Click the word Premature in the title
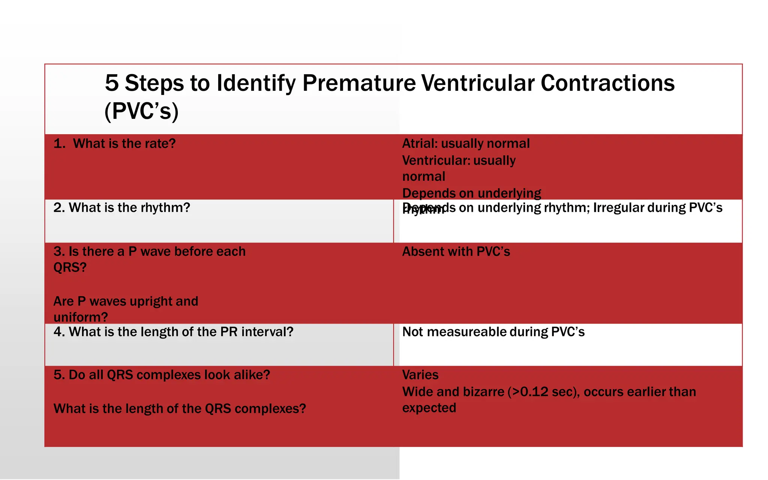click(x=359, y=83)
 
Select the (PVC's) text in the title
click(x=141, y=111)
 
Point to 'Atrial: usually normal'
click(x=466, y=144)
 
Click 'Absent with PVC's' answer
click(x=456, y=252)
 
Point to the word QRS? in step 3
click(x=70, y=267)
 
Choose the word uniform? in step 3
click(x=81, y=317)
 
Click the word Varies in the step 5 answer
click(x=420, y=375)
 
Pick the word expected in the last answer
click(x=429, y=408)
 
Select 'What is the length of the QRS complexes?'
click(x=180, y=409)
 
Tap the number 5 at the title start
click(x=112, y=83)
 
